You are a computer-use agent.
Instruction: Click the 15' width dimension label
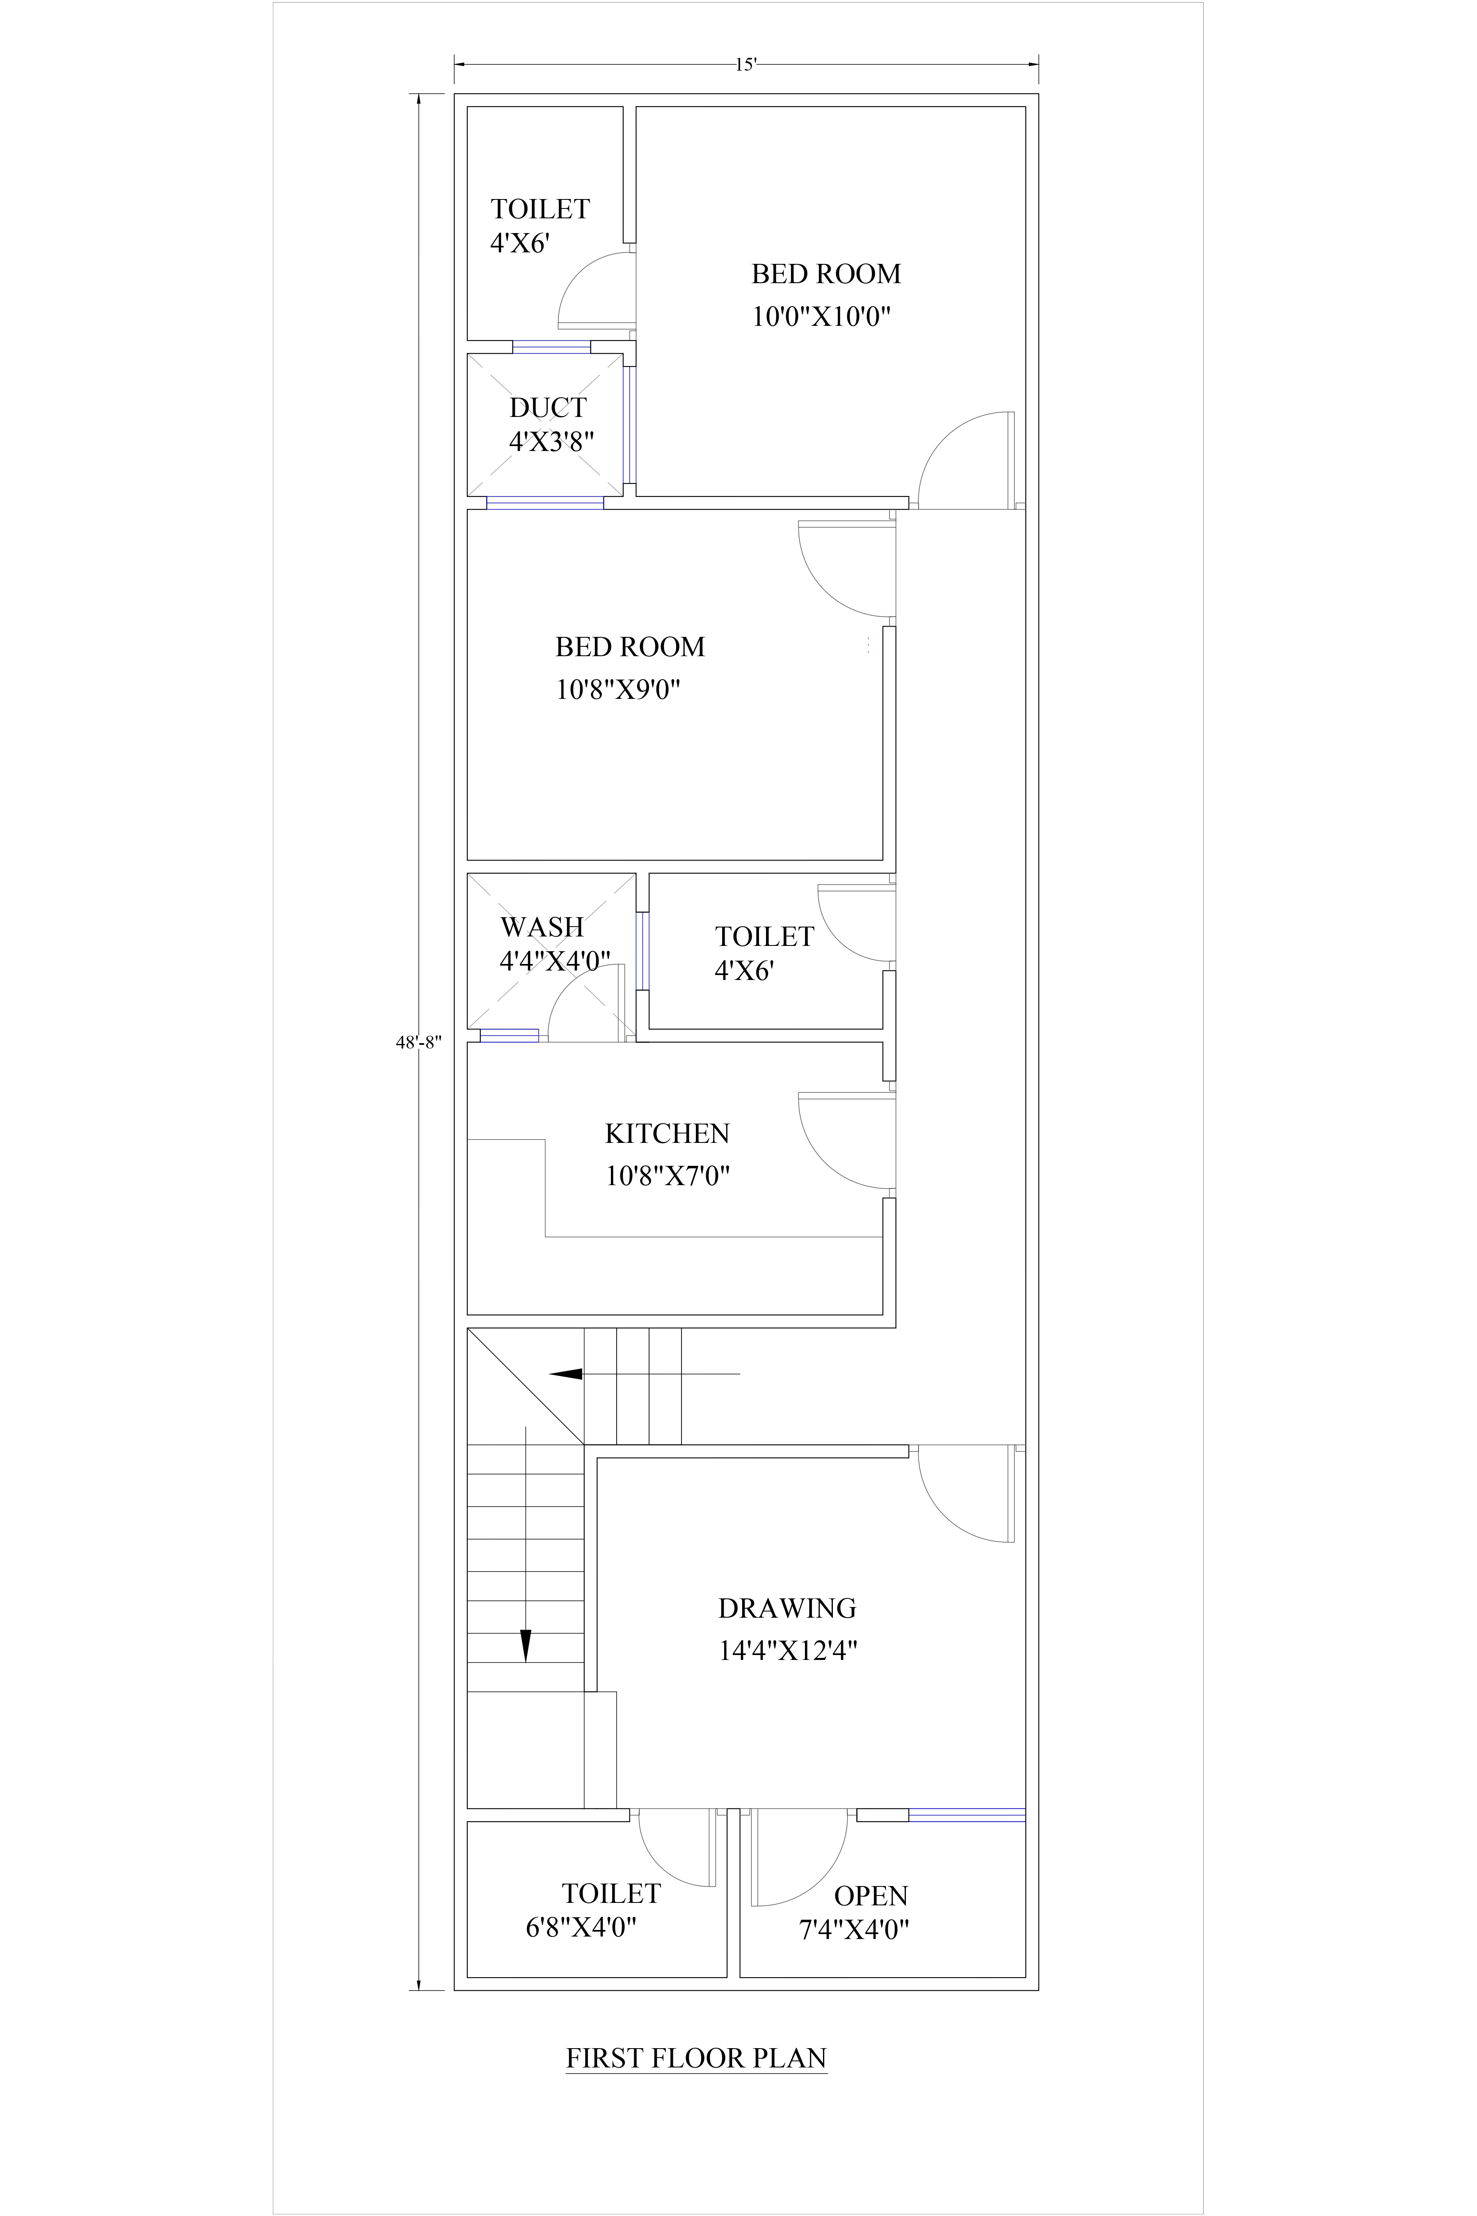746,65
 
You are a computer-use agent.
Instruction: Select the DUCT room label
547,408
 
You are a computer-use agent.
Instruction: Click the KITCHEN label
667,1133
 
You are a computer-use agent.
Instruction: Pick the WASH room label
542,927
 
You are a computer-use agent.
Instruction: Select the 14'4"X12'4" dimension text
787,1651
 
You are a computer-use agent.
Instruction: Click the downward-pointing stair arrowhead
526,1644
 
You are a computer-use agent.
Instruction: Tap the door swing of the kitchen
843,1140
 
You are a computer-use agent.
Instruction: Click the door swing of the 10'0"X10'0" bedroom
963,459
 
